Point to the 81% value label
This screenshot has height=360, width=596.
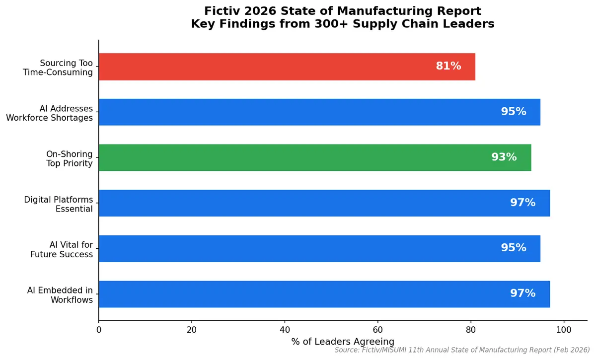[448, 67]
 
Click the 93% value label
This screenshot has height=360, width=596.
[504, 157]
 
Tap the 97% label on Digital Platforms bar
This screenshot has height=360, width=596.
[522, 203]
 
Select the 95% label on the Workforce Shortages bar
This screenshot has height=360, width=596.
[514, 112]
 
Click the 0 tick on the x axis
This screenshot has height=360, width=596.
[99, 330]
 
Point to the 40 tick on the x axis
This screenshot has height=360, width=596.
[285, 330]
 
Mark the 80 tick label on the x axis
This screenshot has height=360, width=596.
[471, 330]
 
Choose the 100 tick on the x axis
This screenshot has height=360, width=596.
[564, 330]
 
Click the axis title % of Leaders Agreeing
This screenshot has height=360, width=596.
[343, 342]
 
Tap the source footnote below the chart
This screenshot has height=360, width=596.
[462, 351]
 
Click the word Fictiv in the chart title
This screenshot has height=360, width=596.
[221, 11]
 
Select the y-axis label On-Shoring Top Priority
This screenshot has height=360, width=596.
[70, 158]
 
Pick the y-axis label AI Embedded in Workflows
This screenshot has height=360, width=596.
[60, 295]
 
